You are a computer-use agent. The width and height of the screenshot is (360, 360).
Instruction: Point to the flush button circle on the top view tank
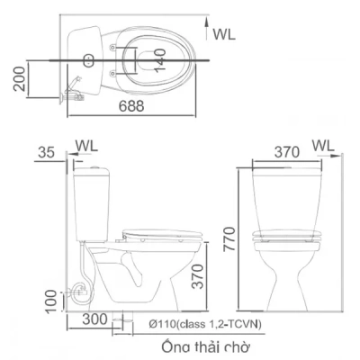pos(87,61)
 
